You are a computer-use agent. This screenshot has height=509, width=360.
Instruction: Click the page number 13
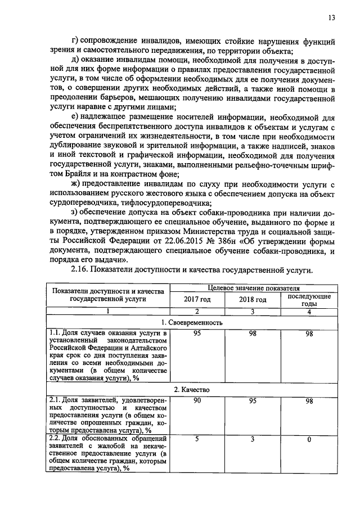(331, 17)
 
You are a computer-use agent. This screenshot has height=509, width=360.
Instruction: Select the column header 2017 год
(197, 300)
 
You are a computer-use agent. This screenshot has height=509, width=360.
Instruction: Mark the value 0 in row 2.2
(309, 439)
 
